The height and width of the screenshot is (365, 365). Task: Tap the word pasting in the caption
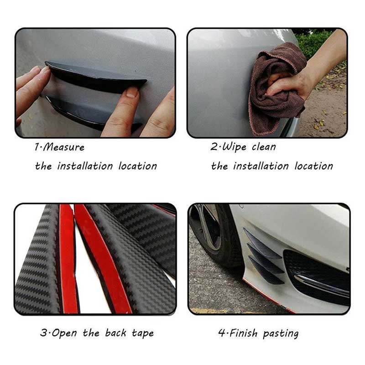(x=282, y=334)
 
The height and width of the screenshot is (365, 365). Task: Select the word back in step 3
(x=116, y=333)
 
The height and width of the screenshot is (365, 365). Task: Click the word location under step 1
(x=138, y=166)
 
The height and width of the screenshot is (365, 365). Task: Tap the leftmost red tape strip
(x=68, y=260)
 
